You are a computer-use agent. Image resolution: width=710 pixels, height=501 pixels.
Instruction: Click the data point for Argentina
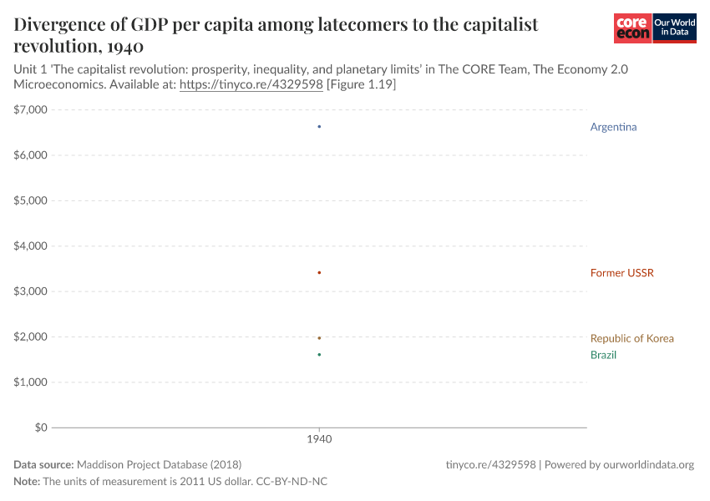coord(319,126)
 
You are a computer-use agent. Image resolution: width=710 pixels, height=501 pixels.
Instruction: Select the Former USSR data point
coord(319,272)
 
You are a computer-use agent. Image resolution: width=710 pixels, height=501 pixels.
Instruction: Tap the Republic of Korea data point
coord(319,337)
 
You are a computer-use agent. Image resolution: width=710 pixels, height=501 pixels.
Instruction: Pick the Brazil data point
coord(319,354)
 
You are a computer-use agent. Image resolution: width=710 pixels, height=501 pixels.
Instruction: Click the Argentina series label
coord(613,127)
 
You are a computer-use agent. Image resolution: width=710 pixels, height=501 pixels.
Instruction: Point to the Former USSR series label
coord(621,273)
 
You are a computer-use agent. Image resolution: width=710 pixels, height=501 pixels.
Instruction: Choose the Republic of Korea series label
coord(631,338)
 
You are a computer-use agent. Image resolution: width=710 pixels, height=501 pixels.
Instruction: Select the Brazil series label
coord(603,355)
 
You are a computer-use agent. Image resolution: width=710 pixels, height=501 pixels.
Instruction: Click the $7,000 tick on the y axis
coord(31,109)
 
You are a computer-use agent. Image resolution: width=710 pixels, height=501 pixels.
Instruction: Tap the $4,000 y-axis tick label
coord(31,245)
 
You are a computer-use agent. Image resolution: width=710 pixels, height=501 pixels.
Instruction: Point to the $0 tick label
coord(40,428)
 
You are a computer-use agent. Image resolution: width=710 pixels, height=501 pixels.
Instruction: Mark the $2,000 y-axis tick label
coord(31,337)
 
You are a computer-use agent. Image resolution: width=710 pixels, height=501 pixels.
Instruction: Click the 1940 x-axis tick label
coord(319,438)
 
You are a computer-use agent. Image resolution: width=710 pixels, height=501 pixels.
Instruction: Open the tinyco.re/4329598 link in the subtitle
coord(251,85)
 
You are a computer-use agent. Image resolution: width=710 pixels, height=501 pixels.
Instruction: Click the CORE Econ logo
coord(632,28)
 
